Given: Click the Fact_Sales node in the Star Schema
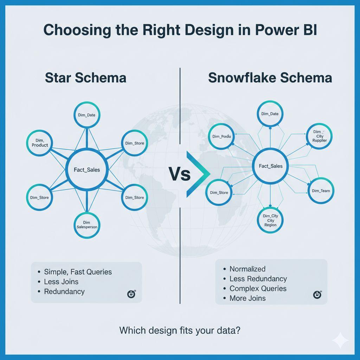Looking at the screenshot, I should click(x=87, y=170).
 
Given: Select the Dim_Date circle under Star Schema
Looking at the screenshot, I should click(x=87, y=115).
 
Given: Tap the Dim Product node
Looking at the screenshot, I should click(x=40, y=143).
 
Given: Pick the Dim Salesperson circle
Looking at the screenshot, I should click(x=87, y=225).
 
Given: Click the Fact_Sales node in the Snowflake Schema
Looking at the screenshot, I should click(x=270, y=166).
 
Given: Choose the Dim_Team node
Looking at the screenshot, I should click(x=321, y=191).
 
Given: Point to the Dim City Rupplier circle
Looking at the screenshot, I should click(x=320, y=136).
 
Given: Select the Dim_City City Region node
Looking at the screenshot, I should click(x=270, y=220).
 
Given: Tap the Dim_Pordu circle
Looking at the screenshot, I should click(x=221, y=137).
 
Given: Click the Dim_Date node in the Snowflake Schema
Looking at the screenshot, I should click(x=270, y=114).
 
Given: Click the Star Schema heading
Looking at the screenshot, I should click(x=85, y=77).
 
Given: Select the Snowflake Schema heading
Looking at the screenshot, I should click(x=270, y=77).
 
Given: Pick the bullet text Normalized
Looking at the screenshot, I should click(x=247, y=269).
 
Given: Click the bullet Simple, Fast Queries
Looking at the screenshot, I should click(x=78, y=272).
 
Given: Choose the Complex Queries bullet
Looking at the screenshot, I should click(x=258, y=289).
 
